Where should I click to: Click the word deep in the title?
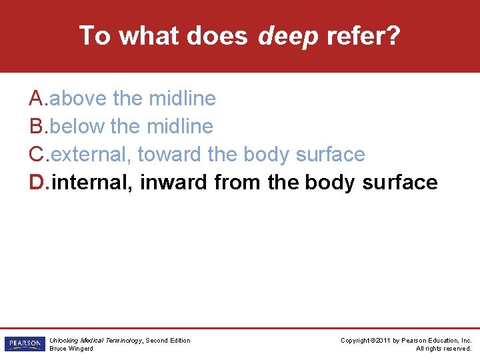(288, 36)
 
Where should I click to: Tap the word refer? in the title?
(363, 35)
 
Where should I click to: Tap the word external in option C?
(91, 155)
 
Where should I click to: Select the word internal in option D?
(93, 183)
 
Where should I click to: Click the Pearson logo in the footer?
(23, 344)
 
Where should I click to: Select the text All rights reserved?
(443, 349)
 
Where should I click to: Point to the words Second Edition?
(168, 341)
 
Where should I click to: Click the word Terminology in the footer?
(121, 341)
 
